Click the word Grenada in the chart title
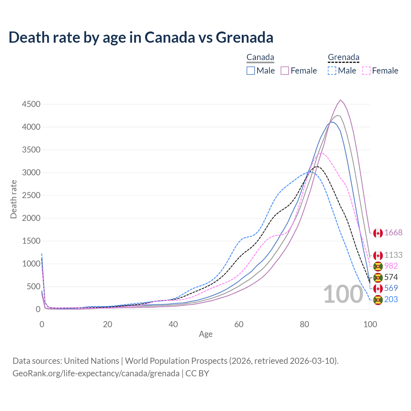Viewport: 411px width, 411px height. pos(244,37)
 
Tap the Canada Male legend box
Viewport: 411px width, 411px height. pos(251,71)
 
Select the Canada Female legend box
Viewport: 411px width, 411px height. pos(285,71)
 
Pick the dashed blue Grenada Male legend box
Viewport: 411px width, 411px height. pos(332,71)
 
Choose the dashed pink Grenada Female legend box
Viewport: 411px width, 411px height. pos(366,71)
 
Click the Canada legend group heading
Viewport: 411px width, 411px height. pos(260,57)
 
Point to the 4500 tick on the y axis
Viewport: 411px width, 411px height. pos(31,104)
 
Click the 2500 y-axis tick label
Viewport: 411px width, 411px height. pos(31,196)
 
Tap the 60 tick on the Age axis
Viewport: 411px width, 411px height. pos(239,324)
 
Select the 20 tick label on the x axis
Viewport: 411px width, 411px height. pos(108,324)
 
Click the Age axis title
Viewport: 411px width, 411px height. pos(205,334)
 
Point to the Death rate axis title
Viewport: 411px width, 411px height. pos(13,199)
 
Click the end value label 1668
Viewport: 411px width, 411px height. pos(393,233)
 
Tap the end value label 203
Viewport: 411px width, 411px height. pos(391,300)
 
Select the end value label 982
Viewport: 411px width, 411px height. pos(391,266)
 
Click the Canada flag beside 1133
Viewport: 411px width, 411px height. pos(378,256)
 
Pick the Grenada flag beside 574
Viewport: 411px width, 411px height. pos(378,277)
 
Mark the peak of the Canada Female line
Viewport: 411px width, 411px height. pos(340,100)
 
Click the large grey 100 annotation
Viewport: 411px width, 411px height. pos(343,294)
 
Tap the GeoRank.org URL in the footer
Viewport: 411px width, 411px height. pos(96,373)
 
